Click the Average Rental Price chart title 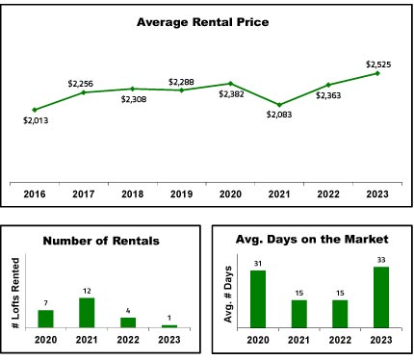pyautogui.click(x=203, y=22)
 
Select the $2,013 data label pyautogui.click(x=36, y=120)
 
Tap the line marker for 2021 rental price pyautogui.click(x=279, y=105)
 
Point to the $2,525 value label pyautogui.click(x=378, y=64)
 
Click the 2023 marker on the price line pyautogui.click(x=377, y=73)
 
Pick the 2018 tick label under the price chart pyautogui.click(x=133, y=194)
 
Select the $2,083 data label pyautogui.click(x=279, y=115)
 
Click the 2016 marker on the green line pyautogui.click(x=35, y=110)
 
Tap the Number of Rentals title pyautogui.click(x=101, y=241)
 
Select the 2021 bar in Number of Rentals pyautogui.click(x=87, y=313)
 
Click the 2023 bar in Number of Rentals pyautogui.click(x=169, y=326)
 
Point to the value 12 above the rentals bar pyautogui.click(x=87, y=291)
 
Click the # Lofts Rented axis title pyautogui.click(x=15, y=294)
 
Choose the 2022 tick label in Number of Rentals pyautogui.click(x=128, y=340)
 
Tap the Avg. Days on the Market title pyautogui.click(x=312, y=240)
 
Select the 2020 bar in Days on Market pyautogui.click(x=258, y=299)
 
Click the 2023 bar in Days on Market pyautogui.click(x=381, y=297)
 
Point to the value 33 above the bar pyautogui.click(x=381, y=260)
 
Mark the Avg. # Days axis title pyautogui.click(x=228, y=294)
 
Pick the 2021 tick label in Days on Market pyautogui.click(x=298, y=340)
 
